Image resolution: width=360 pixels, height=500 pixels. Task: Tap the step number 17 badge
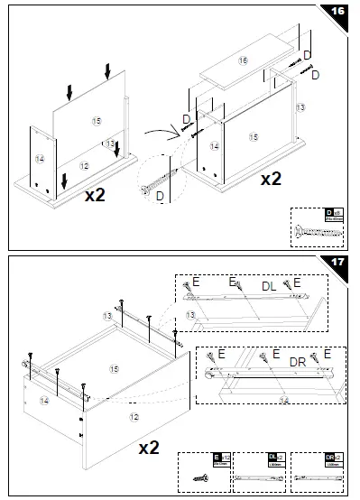click(337, 263)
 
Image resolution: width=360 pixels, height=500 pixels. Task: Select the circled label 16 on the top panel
click(243, 60)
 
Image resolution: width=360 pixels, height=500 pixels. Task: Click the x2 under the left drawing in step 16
click(96, 195)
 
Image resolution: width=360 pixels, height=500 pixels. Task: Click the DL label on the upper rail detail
click(267, 285)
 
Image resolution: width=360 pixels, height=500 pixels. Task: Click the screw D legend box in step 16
click(318, 226)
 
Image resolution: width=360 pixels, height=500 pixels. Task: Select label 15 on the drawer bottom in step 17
click(115, 368)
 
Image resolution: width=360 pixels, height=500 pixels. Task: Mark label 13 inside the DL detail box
click(190, 315)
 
